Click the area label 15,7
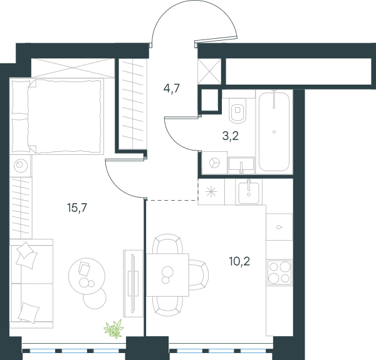pyautogui.click(x=77, y=208)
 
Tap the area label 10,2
pyautogui.click(x=239, y=261)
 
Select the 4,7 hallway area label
pyautogui.click(x=172, y=88)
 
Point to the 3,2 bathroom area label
pyautogui.click(x=231, y=136)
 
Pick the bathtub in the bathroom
pyautogui.click(x=274, y=132)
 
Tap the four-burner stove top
pyautogui.click(x=279, y=272)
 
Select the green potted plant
pyautogui.click(x=113, y=329)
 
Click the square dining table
pyautogui.click(x=167, y=275)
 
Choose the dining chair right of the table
pyautogui.click(x=199, y=275)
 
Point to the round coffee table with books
pyautogui.click(x=86, y=276)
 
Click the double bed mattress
pyautogui.click(x=64, y=116)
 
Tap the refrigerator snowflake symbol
pyautogui.click(x=211, y=192)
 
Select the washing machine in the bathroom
pyautogui.click(x=214, y=162)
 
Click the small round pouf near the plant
pyautogui.click(x=95, y=299)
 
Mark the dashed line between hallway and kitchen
pyautogui.click(x=172, y=199)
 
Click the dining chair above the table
pyautogui.click(x=167, y=244)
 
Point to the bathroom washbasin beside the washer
pyautogui.click(x=241, y=165)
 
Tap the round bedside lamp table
pyautogui.click(x=21, y=165)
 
